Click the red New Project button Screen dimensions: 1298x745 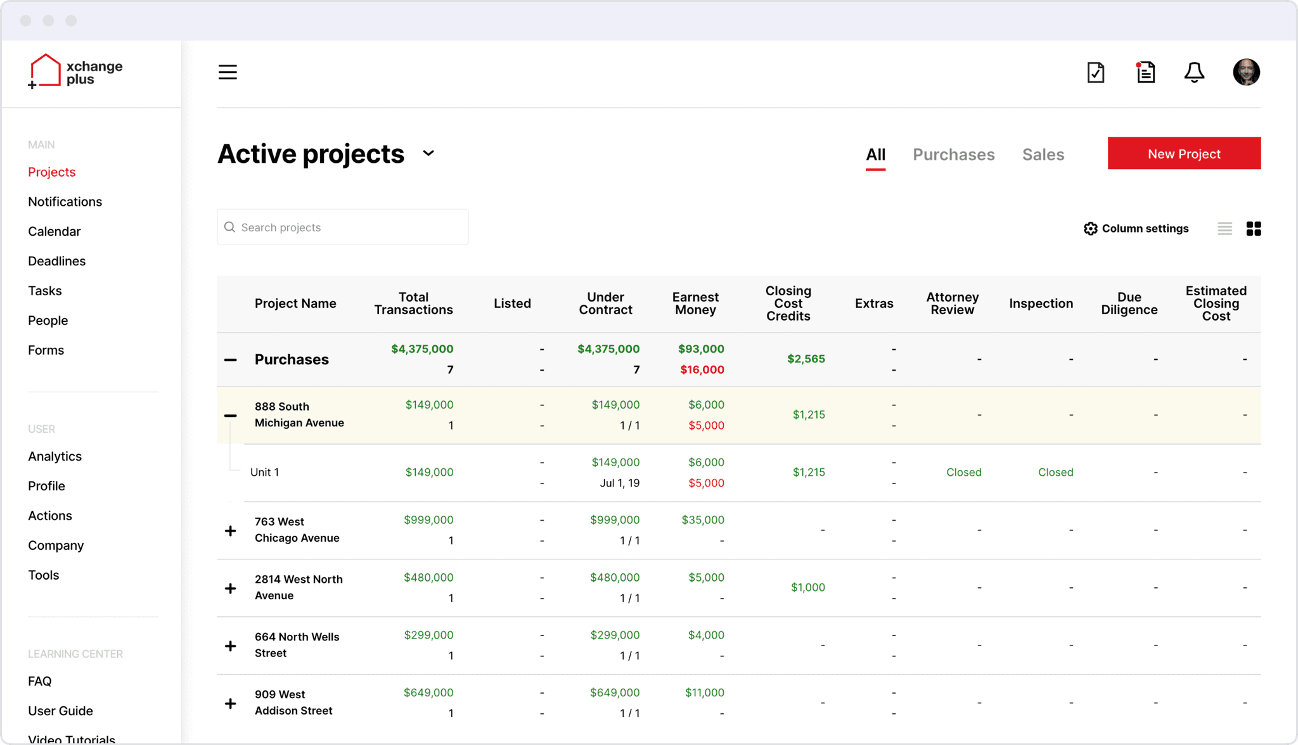[x=1184, y=153]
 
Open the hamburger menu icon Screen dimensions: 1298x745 [x=228, y=72]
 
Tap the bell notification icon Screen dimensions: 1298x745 [x=1194, y=72]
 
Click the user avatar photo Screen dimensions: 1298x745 [x=1246, y=72]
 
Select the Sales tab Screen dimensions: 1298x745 [x=1043, y=155]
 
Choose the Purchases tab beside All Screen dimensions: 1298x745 [x=954, y=155]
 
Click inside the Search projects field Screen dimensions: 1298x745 [x=343, y=227]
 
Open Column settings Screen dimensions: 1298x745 [x=1136, y=229]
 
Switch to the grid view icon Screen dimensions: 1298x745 [x=1254, y=229]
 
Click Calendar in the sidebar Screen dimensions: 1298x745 [x=55, y=231]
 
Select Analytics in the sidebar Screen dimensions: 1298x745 [x=55, y=456]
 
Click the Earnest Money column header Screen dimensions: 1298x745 [x=695, y=303]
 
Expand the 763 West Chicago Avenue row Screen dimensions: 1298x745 [x=231, y=531]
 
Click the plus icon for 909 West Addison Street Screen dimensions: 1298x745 [x=231, y=704]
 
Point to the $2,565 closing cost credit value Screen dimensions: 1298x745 [x=806, y=359]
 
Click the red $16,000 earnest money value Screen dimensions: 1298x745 [x=702, y=369]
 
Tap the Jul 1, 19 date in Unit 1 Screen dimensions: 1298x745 [x=620, y=483]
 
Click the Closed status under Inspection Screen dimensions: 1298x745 [x=1056, y=472]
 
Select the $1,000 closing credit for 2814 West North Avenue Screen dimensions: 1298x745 [x=808, y=587]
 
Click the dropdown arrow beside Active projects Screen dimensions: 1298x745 [x=428, y=153]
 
